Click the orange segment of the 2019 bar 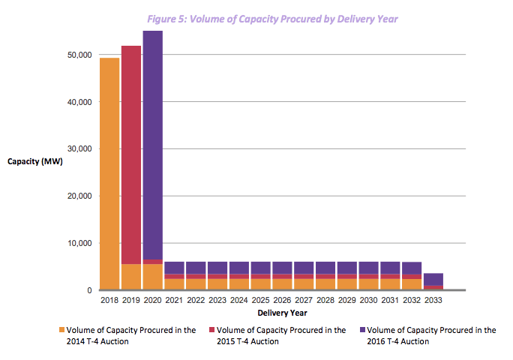[x=130, y=277]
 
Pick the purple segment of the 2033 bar [x=433, y=279]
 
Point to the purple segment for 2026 [x=282, y=268]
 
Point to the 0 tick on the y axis [x=88, y=290]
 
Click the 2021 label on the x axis [x=174, y=300]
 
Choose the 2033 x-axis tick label [x=433, y=300]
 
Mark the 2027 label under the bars [x=304, y=300]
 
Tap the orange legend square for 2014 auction [x=61, y=330]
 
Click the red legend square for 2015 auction [x=211, y=330]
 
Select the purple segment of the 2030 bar [x=368, y=268]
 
